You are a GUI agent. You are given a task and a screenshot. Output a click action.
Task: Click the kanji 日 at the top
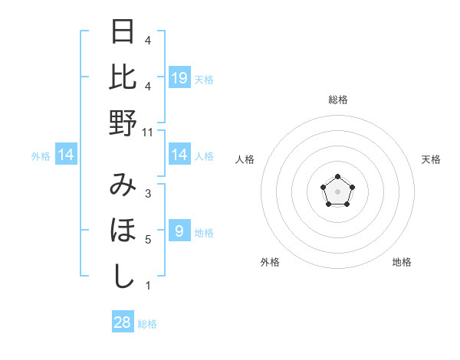pyautogui.click(x=123, y=33)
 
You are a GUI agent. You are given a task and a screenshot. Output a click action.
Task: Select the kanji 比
pyautogui.click(x=123, y=77)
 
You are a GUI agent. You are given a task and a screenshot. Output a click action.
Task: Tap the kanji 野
pyautogui.click(x=123, y=123)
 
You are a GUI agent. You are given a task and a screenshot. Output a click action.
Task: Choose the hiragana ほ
pyautogui.click(x=123, y=231)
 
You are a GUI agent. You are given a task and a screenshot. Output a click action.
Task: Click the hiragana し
pyautogui.click(x=123, y=276)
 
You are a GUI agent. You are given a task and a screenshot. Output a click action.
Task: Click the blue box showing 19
pyautogui.click(x=179, y=77)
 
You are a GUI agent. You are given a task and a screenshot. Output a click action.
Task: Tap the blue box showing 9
pyautogui.click(x=179, y=231)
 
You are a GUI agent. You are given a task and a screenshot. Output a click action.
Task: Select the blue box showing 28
pyautogui.click(x=123, y=322)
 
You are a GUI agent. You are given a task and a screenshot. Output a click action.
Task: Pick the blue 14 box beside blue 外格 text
pyautogui.click(x=66, y=155)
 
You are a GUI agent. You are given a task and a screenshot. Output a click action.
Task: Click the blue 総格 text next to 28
pyautogui.click(x=147, y=324)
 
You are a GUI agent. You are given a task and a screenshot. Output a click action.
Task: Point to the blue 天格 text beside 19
pyautogui.click(x=204, y=79)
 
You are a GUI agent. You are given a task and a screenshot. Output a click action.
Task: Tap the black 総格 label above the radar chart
pyautogui.click(x=337, y=100)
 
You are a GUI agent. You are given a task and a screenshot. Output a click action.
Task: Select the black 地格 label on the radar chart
pyautogui.click(x=402, y=263)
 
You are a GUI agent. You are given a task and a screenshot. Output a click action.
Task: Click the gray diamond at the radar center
pyautogui.click(x=337, y=191)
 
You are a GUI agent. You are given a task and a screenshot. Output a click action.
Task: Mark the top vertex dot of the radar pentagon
pyautogui.click(x=337, y=177)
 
